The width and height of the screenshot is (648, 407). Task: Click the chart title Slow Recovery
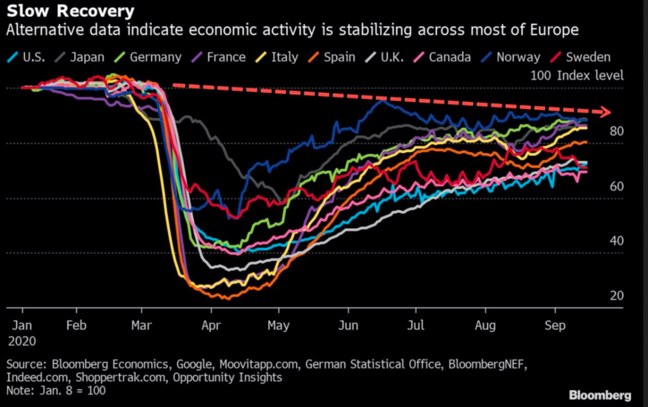click(x=70, y=10)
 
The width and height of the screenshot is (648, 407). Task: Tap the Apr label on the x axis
click(x=211, y=326)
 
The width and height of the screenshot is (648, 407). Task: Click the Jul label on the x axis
click(x=416, y=326)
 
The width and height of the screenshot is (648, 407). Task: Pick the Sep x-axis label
click(x=555, y=326)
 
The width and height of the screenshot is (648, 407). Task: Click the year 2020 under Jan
click(x=22, y=342)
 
